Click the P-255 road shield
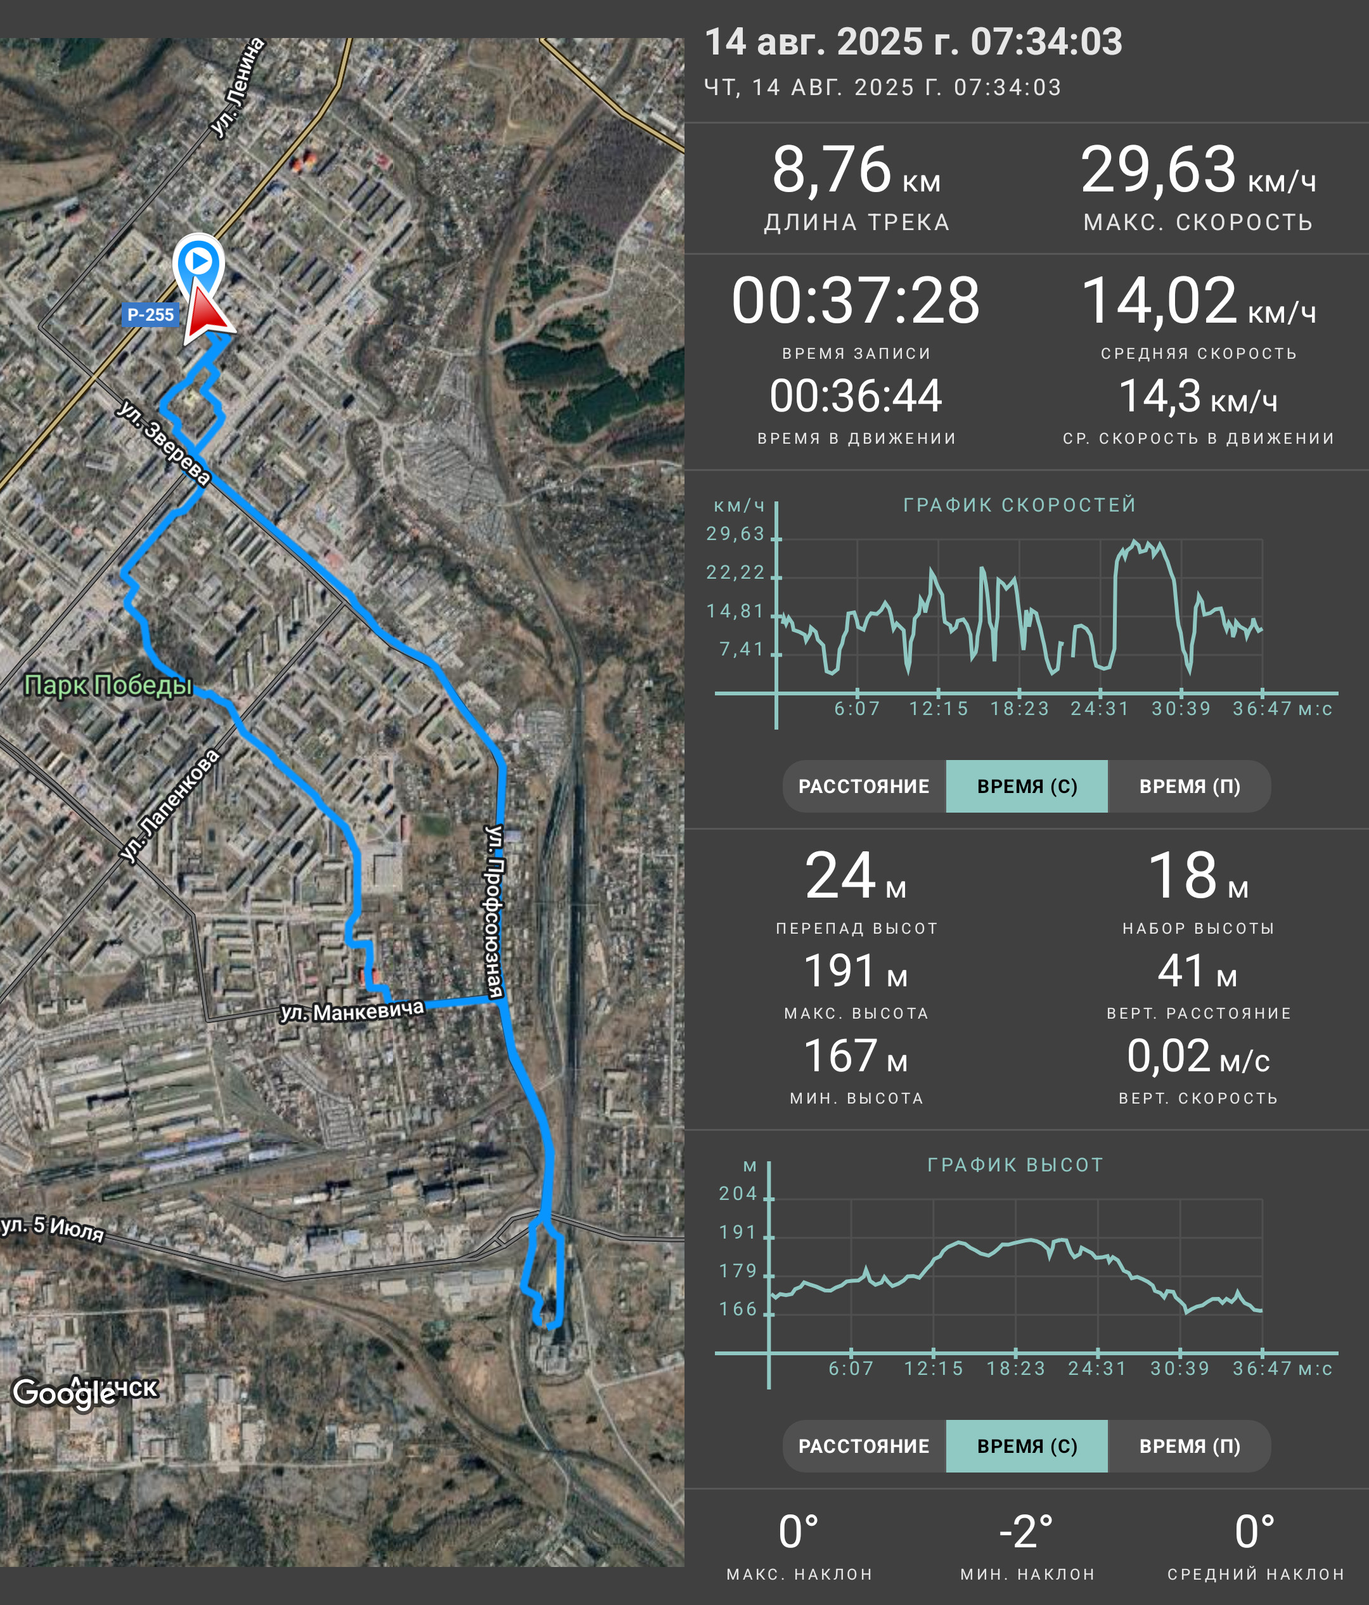150,314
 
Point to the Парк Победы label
108,685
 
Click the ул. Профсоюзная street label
494,911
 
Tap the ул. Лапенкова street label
170,806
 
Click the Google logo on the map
64,1393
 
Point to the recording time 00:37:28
856,300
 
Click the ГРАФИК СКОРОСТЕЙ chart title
1020,505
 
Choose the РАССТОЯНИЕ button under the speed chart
864,786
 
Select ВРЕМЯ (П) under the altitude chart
1190,1446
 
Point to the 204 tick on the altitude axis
738,1194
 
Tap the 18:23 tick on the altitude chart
1016,1369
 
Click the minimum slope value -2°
1026,1531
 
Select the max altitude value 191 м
856,970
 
